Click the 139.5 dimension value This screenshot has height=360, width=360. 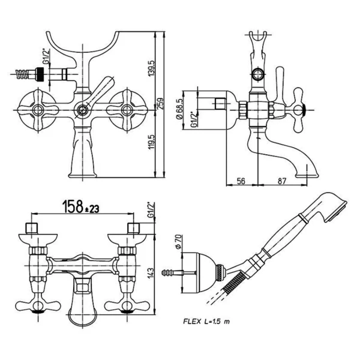(x=152, y=68)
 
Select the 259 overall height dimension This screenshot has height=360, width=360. (x=160, y=104)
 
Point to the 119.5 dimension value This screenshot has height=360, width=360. (x=152, y=142)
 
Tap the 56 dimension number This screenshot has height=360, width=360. (x=241, y=181)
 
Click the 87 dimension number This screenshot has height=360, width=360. (x=282, y=181)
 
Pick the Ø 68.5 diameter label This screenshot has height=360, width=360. (x=180, y=109)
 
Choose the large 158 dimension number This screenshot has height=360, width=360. (x=73, y=206)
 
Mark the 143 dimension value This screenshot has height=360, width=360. (x=151, y=273)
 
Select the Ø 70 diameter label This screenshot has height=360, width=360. (x=178, y=242)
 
